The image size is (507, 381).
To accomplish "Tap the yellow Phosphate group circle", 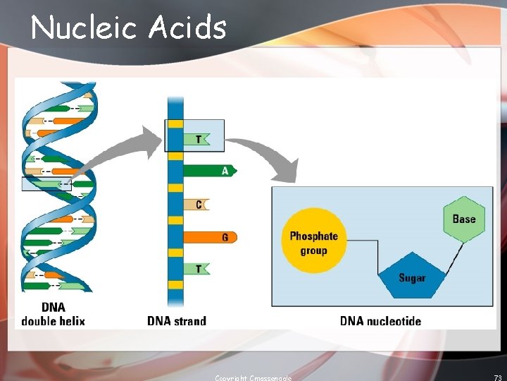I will tap(314, 242).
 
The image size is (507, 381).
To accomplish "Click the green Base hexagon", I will tap(464, 219).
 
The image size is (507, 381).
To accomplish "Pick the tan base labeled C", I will tap(196, 205).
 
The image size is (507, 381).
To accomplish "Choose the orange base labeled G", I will tap(210, 237).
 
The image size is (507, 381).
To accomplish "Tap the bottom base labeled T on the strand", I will tap(197, 269).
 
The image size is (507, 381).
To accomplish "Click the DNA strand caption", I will tap(177, 321).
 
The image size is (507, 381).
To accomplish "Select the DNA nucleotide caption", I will tap(380, 321).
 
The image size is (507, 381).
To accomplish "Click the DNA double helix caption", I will tap(53, 315).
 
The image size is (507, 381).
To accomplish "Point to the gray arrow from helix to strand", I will tap(127, 152).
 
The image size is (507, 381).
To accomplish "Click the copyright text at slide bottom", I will tap(253, 378).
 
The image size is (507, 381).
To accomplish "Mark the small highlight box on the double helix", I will tap(46, 184).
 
